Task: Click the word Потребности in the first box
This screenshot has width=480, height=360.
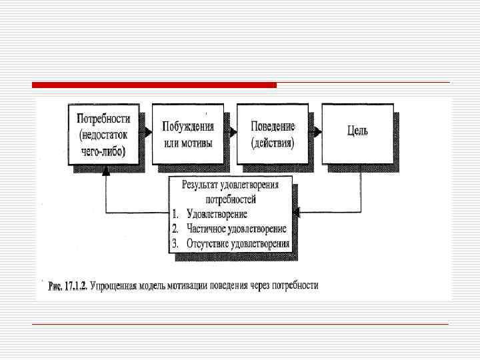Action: (x=103, y=120)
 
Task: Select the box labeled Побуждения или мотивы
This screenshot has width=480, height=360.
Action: (x=187, y=133)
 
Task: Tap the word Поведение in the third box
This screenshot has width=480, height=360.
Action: (x=273, y=126)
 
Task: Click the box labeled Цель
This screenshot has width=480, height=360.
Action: (x=357, y=133)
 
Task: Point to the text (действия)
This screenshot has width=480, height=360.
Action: (x=273, y=142)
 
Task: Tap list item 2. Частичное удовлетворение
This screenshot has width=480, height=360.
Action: (x=229, y=229)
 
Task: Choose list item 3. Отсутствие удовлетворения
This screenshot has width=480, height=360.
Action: (x=230, y=243)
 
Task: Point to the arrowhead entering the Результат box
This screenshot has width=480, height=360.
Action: (x=298, y=213)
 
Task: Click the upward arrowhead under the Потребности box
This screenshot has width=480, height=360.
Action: (x=104, y=170)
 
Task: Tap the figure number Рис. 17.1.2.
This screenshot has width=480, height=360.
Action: (x=71, y=286)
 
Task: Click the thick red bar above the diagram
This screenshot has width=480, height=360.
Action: (x=154, y=85)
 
